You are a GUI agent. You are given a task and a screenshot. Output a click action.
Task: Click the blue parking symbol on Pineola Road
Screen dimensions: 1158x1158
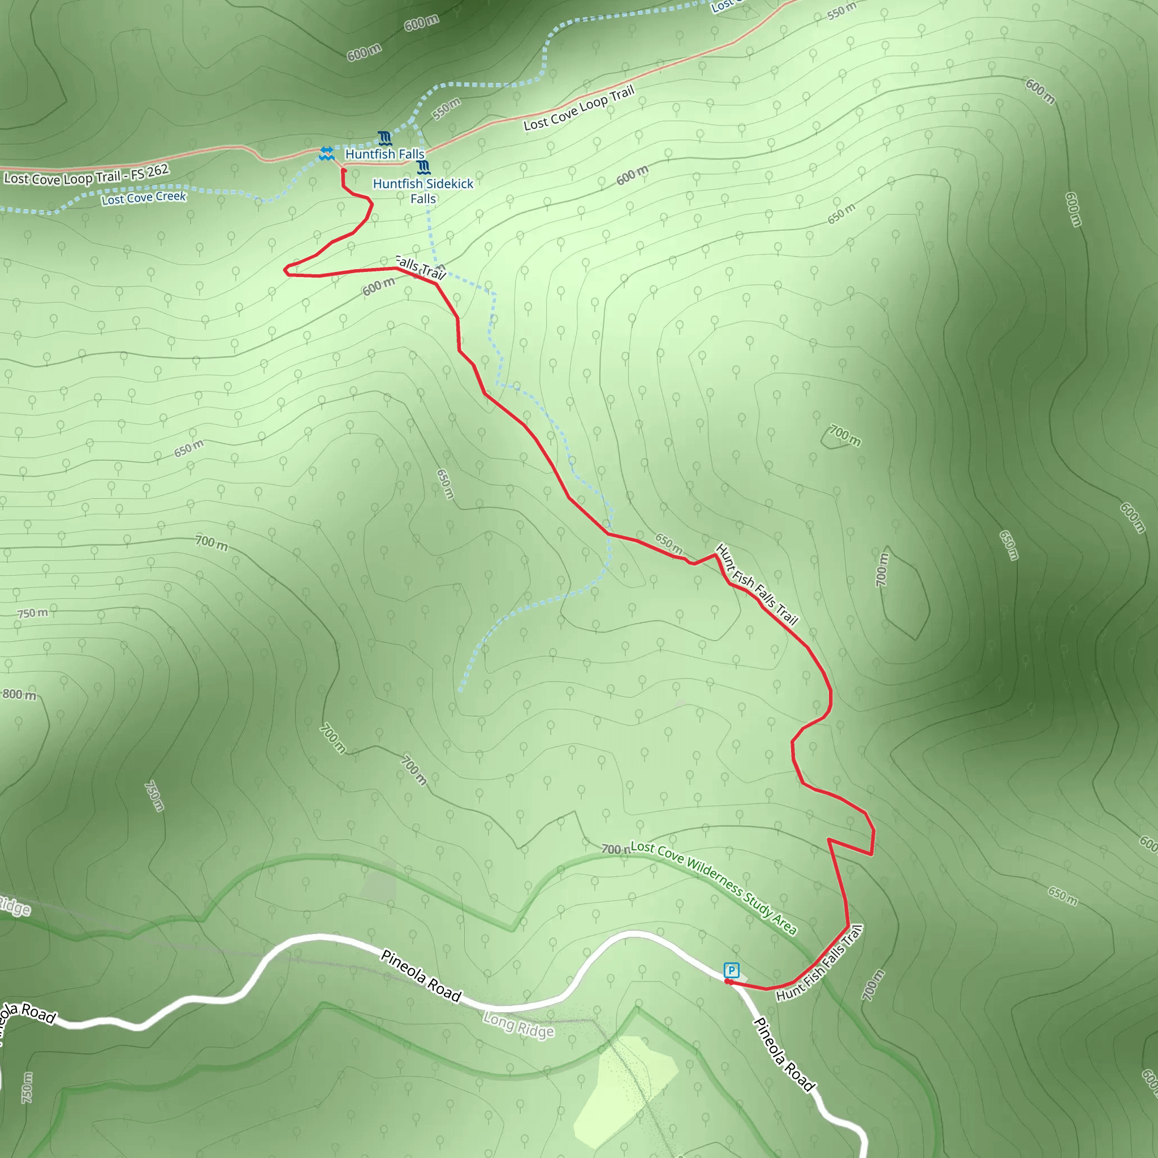(x=731, y=970)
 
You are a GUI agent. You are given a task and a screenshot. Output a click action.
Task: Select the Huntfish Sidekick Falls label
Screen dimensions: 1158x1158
(x=422, y=191)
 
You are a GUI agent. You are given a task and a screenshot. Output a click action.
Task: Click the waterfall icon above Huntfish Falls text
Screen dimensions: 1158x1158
(x=385, y=139)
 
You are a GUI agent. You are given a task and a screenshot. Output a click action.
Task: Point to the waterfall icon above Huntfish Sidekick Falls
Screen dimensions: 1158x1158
(x=424, y=167)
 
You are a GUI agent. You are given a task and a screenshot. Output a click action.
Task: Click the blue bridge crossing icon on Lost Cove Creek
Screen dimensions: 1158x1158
(x=326, y=153)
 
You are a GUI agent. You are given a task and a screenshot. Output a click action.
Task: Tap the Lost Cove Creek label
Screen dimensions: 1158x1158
(x=144, y=198)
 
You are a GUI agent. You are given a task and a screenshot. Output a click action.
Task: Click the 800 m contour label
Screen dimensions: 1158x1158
(x=19, y=695)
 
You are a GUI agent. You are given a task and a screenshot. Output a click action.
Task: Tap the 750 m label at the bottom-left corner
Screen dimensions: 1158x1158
(x=28, y=1087)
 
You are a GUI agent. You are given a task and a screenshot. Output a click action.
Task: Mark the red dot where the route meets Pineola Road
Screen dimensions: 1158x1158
(x=728, y=981)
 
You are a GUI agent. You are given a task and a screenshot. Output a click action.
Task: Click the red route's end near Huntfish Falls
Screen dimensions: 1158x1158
(x=343, y=171)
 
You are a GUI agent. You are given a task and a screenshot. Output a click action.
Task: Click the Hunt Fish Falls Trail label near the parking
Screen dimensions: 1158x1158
(x=819, y=963)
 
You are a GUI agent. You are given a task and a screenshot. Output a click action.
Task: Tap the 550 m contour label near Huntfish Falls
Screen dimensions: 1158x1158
(x=447, y=108)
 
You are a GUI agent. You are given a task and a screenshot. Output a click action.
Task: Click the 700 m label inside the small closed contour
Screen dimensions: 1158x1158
(x=845, y=436)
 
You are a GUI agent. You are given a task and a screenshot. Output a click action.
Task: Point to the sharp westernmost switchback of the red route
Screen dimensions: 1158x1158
(x=286, y=271)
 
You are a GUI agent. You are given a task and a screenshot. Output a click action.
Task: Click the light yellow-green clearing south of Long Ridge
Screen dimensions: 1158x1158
(x=623, y=1091)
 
